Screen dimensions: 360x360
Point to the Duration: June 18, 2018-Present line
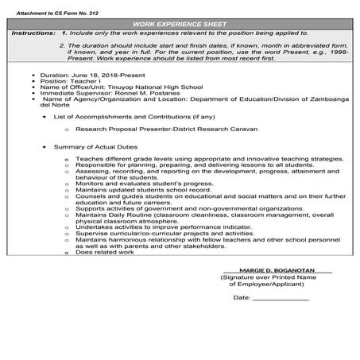pos(79,74)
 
